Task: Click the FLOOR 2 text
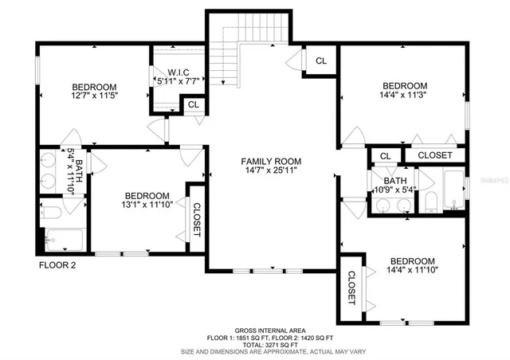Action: [x=57, y=265]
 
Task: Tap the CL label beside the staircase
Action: [x=320, y=61]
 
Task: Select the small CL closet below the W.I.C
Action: [x=193, y=104]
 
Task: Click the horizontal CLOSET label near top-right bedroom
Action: [x=434, y=155]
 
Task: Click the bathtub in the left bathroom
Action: [x=64, y=238]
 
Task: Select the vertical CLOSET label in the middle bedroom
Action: [x=196, y=220]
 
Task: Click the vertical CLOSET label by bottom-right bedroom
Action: [x=351, y=288]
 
